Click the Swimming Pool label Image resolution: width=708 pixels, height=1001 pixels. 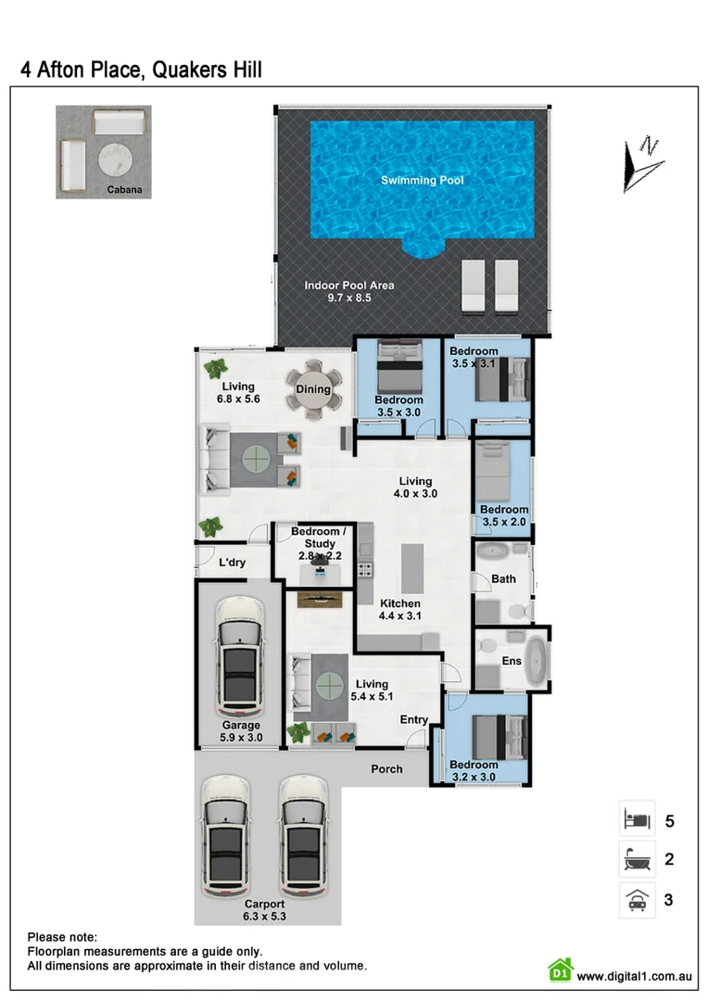(422, 180)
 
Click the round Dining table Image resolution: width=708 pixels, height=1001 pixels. (313, 389)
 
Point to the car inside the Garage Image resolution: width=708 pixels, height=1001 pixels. (239, 654)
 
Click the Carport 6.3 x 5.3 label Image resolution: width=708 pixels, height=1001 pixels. (264, 910)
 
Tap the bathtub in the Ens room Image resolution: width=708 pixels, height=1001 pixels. (536, 660)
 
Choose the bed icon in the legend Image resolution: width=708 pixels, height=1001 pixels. (637, 819)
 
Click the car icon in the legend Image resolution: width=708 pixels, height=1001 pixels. (637, 899)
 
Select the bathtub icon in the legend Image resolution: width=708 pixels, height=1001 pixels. (637, 859)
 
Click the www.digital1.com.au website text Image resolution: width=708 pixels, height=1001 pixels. (635, 975)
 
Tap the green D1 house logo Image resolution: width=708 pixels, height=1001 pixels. (560, 970)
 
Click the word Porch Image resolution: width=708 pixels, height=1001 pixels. (386, 768)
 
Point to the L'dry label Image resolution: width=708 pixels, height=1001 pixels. (232, 563)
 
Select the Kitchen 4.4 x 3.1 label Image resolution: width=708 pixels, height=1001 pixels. (399, 609)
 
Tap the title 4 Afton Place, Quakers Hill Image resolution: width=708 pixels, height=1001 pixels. (141, 70)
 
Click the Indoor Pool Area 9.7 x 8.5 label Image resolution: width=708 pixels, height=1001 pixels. (349, 291)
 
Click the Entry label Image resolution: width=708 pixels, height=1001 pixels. (414, 719)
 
